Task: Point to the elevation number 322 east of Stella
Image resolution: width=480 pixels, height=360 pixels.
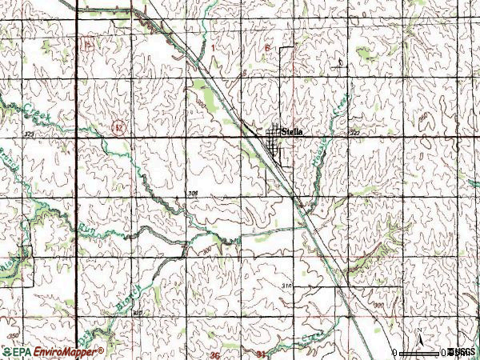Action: click(354, 132)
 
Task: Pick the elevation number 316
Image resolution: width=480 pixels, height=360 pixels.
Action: click(288, 286)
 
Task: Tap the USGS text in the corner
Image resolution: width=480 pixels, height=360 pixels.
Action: click(463, 352)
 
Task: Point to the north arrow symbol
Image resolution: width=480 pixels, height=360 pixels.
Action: click(418, 333)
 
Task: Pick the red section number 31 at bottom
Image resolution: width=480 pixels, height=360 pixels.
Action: click(240, 354)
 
